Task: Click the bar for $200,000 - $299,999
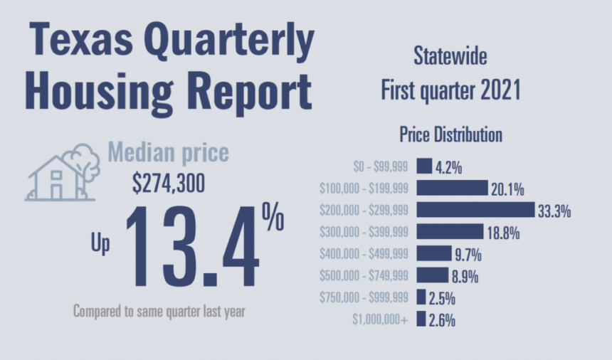[x=475, y=210]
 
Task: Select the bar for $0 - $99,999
[x=424, y=166]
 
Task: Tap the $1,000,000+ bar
[x=421, y=319]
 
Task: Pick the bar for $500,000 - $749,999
[x=433, y=275]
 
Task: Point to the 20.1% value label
[x=507, y=189]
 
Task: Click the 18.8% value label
[x=504, y=233]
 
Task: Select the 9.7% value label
[x=468, y=255]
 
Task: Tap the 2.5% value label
[x=442, y=299]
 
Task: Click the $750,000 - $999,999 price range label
[x=364, y=297]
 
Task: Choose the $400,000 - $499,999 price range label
[x=364, y=254]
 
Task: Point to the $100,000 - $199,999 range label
[x=364, y=189]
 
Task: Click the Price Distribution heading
[x=450, y=134]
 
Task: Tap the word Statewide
[x=450, y=55]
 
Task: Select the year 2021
[x=501, y=90]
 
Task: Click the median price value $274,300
[x=169, y=183]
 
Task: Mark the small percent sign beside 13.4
[x=273, y=216]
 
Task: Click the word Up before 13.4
[x=100, y=243]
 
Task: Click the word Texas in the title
[x=81, y=39]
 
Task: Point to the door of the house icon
[x=57, y=191]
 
